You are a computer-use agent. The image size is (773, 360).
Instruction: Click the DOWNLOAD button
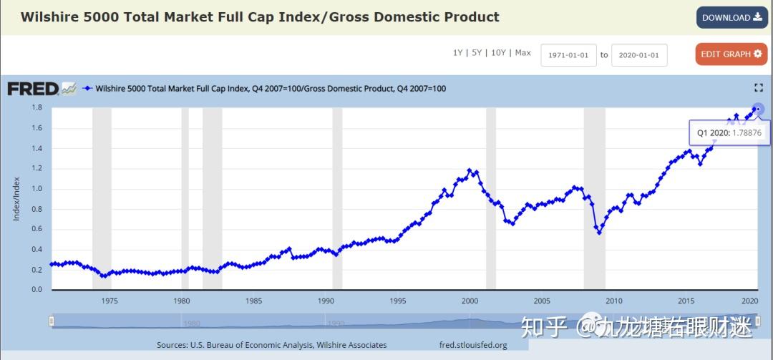click(731, 18)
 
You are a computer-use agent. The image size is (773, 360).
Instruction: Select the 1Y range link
click(457, 53)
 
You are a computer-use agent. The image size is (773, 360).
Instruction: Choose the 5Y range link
click(476, 53)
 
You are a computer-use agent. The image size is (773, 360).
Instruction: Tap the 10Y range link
click(498, 53)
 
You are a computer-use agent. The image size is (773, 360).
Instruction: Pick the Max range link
click(522, 53)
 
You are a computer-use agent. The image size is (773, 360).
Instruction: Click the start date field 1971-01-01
click(568, 55)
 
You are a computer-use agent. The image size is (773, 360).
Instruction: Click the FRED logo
click(33, 89)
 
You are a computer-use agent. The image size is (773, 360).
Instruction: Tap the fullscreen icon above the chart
click(759, 87)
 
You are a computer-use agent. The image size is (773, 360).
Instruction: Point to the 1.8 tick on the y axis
click(37, 108)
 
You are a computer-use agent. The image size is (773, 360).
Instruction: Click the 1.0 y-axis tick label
click(37, 189)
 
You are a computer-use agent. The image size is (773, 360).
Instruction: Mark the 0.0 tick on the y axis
click(37, 290)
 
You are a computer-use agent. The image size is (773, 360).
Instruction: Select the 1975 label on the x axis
click(110, 301)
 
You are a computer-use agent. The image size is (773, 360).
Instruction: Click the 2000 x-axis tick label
click(470, 301)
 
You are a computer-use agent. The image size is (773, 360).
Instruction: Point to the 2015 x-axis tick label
click(686, 301)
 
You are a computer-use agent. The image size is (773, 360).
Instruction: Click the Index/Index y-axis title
click(16, 199)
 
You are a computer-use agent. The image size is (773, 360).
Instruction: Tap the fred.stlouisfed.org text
click(473, 345)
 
